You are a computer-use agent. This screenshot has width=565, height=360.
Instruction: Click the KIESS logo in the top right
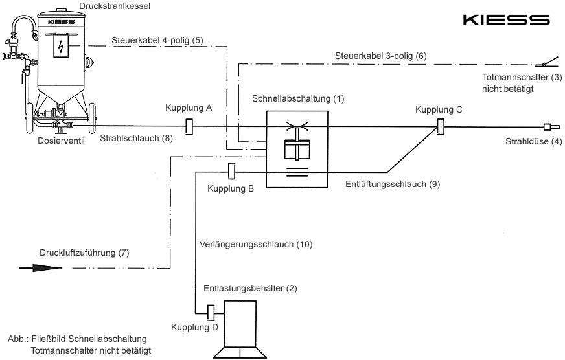click(507, 20)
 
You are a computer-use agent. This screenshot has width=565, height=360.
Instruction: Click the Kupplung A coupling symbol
click(189, 126)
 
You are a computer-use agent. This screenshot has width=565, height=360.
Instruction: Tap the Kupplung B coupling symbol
click(231, 172)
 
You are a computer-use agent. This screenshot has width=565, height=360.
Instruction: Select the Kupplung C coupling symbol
click(440, 126)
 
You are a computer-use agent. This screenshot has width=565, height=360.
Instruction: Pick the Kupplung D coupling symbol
click(210, 313)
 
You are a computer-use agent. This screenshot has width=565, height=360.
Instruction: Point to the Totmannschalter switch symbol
click(546, 63)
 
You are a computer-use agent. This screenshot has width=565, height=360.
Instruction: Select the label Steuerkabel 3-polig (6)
click(382, 56)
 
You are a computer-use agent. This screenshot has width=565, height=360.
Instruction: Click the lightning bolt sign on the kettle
click(62, 47)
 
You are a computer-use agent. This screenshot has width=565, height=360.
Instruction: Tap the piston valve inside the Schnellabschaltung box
click(297, 146)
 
